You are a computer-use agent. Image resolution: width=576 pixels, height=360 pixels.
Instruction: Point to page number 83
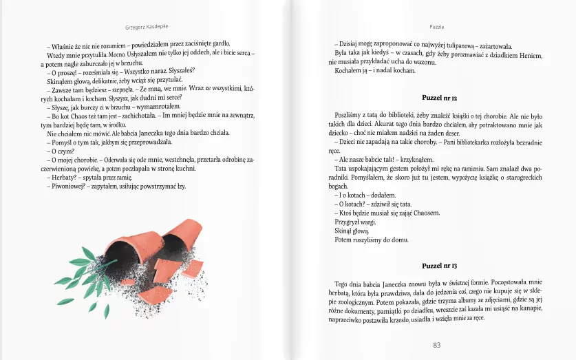click(x=436, y=345)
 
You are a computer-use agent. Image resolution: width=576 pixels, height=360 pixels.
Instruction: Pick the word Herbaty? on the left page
click(x=61, y=177)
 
